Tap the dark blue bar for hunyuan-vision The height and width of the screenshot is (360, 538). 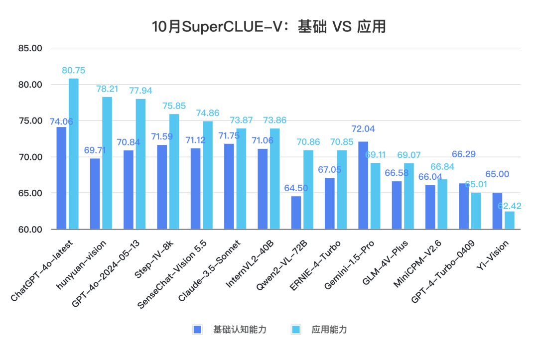[x=95, y=194]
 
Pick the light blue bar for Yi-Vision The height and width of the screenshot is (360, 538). [x=509, y=220]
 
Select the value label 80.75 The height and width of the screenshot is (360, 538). [x=73, y=71]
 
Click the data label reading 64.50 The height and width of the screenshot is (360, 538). [x=296, y=188]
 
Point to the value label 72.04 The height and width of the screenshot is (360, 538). [x=363, y=129]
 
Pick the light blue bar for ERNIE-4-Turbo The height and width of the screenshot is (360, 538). [x=341, y=190]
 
